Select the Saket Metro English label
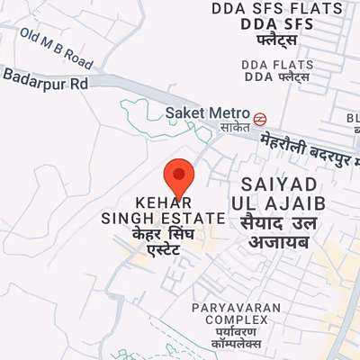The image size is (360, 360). [x=206, y=112]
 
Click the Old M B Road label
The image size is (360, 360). [x=57, y=49]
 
